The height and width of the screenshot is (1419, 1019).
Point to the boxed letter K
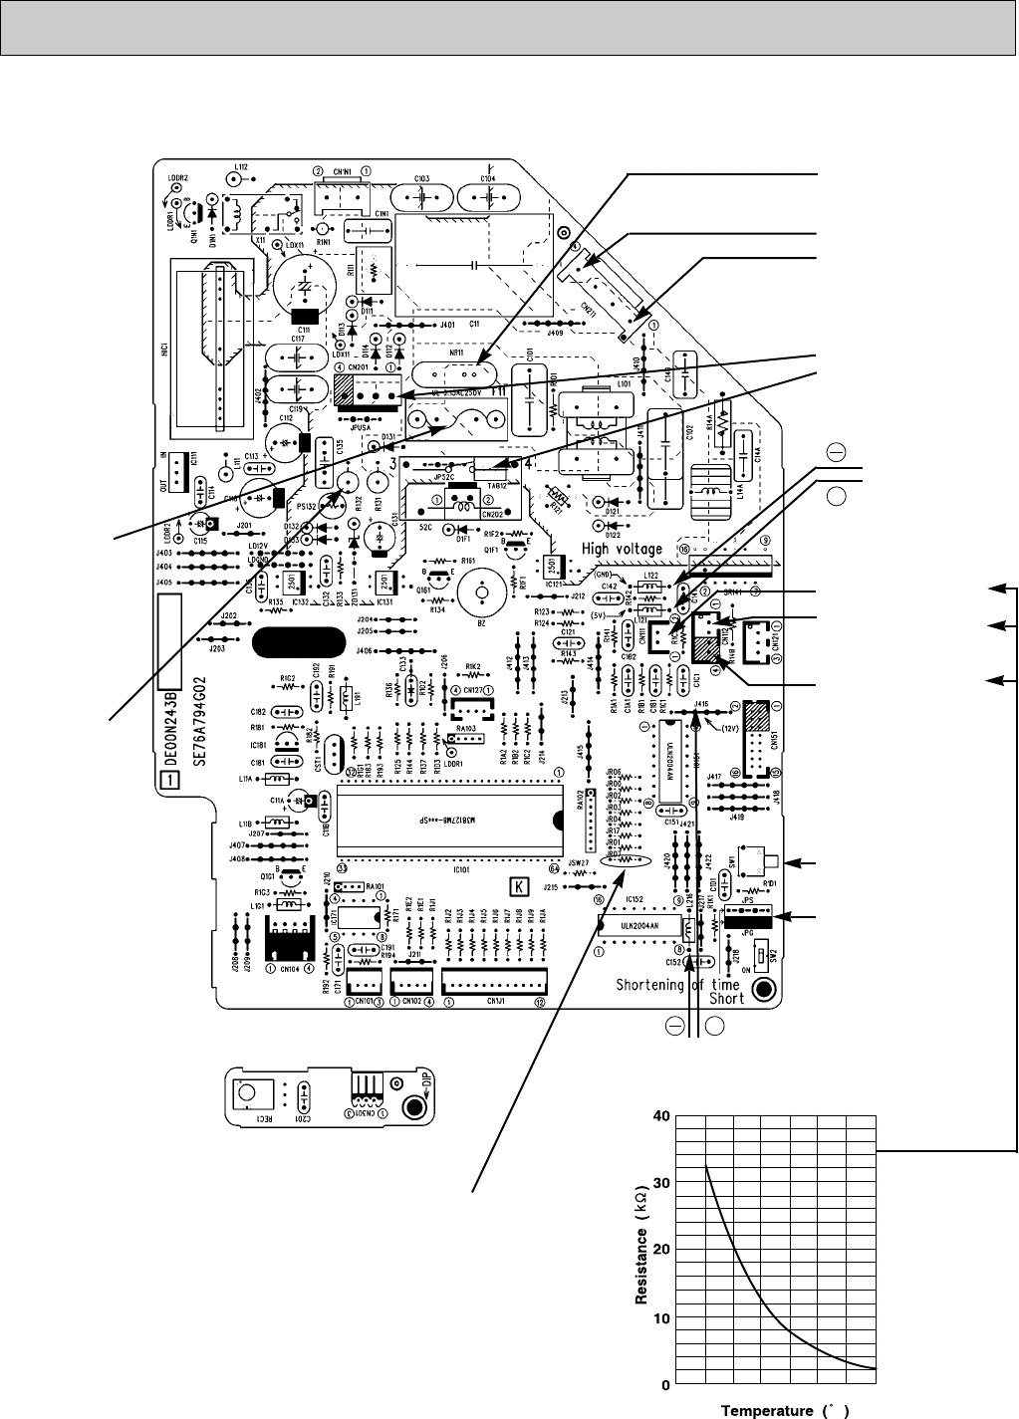[517, 884]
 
